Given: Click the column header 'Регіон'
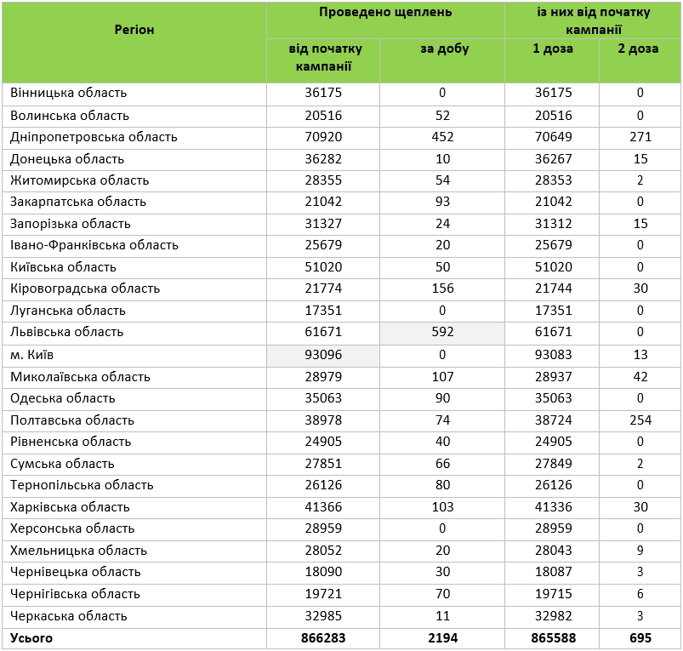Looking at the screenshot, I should click(134, 30).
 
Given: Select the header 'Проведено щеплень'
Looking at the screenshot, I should click(385, 12).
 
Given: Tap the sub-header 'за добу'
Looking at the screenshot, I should click(442, 49).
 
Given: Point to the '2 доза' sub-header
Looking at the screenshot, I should click(640, 49).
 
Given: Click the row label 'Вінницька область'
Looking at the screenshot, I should click(69, 94).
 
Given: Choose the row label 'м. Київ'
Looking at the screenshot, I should click(32, 354).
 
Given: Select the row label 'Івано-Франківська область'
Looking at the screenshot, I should click(94, 245).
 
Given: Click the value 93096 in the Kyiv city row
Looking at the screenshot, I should click(324, 354).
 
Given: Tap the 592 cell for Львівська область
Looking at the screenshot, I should click(442, 333).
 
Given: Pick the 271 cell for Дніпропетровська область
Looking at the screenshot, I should click(640, 137).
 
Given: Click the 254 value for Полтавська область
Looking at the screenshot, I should click(640, 420).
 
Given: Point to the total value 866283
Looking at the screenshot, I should click(324, 637).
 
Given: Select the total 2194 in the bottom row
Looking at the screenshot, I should click(442, 637).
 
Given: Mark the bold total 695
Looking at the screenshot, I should click(640, 637).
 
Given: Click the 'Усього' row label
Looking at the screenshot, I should click(31, 637).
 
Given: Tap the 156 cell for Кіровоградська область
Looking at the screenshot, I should click(442, 288).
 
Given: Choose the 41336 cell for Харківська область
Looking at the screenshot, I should click(552, 506).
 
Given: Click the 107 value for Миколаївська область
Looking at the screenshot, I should click(442, 376).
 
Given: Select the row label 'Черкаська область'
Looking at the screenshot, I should click(69, 615).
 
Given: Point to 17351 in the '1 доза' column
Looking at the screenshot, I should click(552, 311).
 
